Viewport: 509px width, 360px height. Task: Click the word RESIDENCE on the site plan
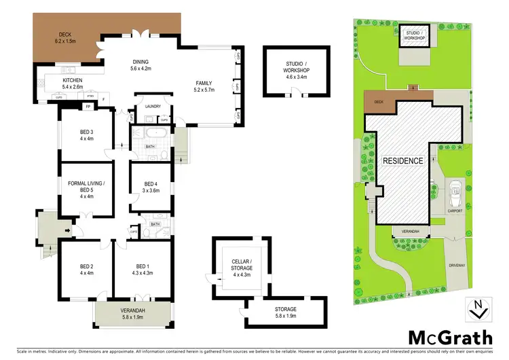coord(403,161)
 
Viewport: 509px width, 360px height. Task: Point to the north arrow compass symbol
coord(478,310)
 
